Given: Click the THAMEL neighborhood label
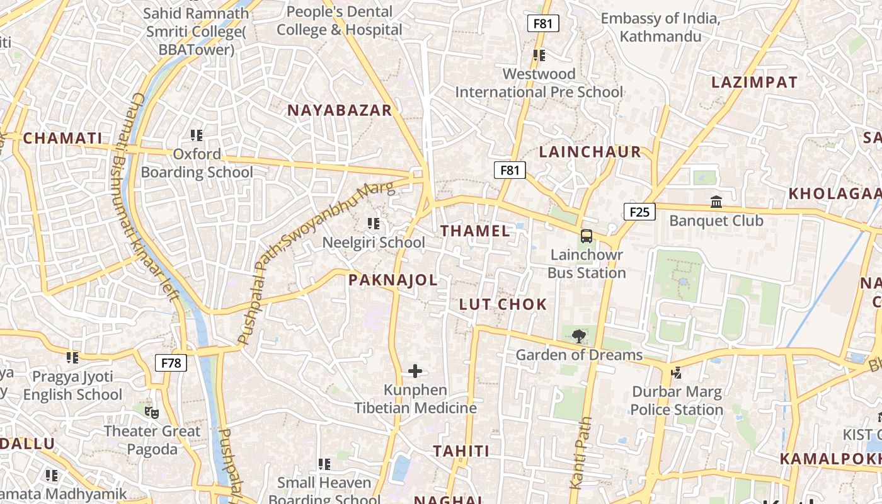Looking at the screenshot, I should pos(475,231).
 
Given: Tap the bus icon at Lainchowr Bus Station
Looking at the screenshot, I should pos(587,237).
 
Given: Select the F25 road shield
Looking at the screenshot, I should pos(639,212).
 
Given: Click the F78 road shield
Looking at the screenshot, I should pos(171,363).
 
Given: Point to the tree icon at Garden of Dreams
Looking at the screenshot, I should pos(578,336).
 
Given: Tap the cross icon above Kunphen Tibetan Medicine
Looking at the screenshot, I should pos(415,371).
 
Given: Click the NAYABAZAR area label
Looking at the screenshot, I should pos(340,110).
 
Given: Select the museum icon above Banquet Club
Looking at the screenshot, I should pos(716,202).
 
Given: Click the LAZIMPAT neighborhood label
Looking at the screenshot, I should pos(754,83).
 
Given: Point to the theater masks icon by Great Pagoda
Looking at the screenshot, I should pos(151,413).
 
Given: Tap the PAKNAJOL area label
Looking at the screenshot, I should pos(392,280).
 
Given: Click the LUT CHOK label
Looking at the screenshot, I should pos(503,304).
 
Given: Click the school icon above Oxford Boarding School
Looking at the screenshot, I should pos(197,135).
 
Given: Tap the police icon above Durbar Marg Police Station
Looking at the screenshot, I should pos(676,372).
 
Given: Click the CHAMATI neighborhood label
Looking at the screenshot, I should pos(62,139).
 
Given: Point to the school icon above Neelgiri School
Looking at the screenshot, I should pos(374,224).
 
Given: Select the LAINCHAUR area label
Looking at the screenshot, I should pos(590,152).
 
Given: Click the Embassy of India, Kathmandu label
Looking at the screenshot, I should pos(660,27).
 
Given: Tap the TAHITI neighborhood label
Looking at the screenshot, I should pos(461,451).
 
